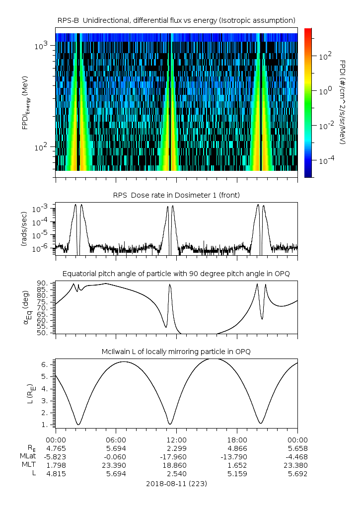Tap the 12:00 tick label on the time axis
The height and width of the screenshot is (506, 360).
coord(176,439)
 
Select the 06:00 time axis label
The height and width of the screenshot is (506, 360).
coord(116,439)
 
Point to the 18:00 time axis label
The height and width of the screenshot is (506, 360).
coord(237,439)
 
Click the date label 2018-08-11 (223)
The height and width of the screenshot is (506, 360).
coord(176,483)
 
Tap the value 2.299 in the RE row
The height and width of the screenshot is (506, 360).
coord(176,448)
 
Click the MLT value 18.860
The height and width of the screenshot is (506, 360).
coord(176,465)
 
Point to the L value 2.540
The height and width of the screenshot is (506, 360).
coord(176,474)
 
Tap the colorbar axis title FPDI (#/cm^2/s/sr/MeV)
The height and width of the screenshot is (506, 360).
coord(343,102)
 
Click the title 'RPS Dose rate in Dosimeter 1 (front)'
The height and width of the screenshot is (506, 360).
coord(176,195)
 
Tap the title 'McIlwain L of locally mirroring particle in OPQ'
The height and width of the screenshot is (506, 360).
coord(176,352)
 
